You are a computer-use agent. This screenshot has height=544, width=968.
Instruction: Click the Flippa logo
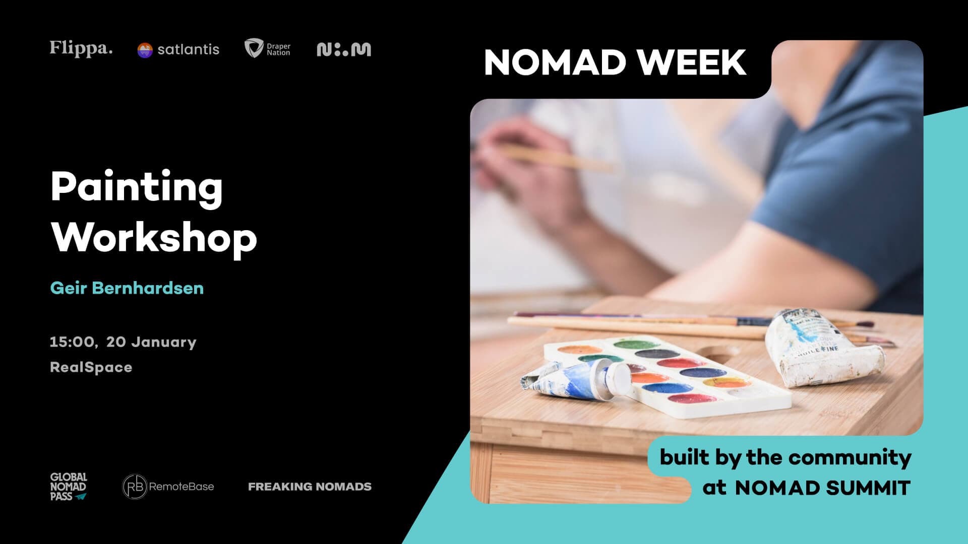coord(81,48)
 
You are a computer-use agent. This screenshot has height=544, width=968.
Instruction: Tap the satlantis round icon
coord(145,50)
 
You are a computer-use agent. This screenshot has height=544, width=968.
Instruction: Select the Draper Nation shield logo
coord(253,48)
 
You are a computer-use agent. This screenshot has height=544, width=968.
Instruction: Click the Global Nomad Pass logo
coord(68,487)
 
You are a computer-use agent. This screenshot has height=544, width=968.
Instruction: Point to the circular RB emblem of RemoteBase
coord(135,487)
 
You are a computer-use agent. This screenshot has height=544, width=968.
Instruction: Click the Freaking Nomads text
coord(310,487)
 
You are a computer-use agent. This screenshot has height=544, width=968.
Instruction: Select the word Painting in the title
coord(136,187)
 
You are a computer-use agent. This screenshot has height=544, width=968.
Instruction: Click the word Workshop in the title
coord(154,238)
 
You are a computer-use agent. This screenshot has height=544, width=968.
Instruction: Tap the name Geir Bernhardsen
coord(127,288)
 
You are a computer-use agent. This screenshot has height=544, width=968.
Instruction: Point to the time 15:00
coord(72,342)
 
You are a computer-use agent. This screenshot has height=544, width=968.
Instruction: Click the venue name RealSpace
coord(91,367)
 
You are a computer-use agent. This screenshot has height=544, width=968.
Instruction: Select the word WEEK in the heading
coord(692,62)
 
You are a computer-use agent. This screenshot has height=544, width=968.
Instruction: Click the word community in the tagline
coord(850,457)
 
